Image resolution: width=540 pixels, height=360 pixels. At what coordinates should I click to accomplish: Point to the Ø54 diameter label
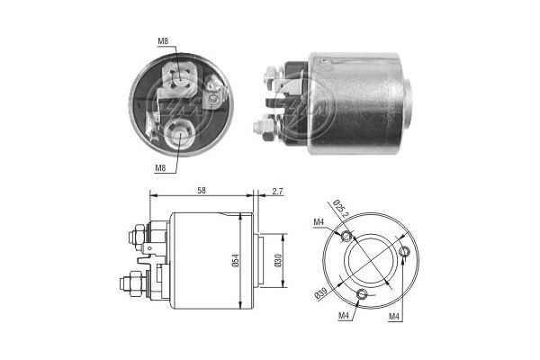(234, 261)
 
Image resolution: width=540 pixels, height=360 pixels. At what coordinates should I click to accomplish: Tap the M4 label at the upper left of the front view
(319, 222)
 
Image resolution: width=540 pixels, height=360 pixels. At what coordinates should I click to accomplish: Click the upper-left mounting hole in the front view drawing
(348, 236)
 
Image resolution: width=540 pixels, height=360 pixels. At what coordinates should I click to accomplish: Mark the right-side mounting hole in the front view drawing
(406, 252)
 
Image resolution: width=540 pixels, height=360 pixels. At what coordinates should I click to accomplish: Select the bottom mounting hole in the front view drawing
(362, 294)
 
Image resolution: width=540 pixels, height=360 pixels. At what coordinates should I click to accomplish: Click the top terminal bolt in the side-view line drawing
(133, 238)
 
